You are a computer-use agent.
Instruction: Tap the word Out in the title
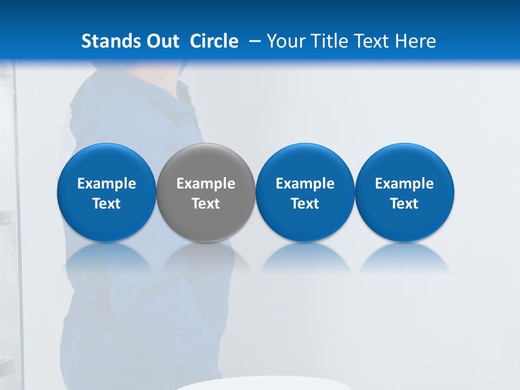pos(162,41)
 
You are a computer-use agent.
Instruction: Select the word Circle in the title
pos(214,41)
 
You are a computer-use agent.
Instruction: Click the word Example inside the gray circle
pos(206,184)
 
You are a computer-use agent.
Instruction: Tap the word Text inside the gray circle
pos(206,204)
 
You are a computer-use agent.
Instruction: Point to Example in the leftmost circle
pos(106,184)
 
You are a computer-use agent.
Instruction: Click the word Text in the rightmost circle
pos(405,204)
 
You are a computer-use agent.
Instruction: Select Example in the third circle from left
pos(305,184)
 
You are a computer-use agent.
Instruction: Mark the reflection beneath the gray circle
pos(206,257)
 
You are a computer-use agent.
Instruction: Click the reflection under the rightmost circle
pos(405,257)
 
